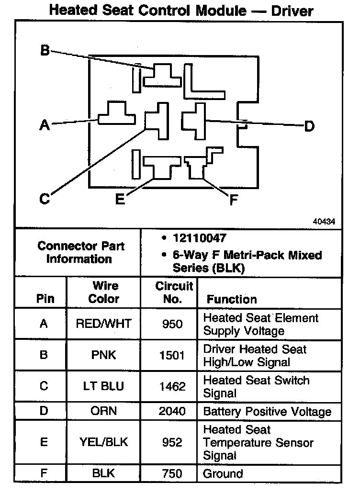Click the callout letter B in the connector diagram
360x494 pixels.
[45, 50]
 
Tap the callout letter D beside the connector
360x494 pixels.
[310, 126]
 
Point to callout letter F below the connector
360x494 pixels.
[234, 200]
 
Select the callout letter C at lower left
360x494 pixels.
[44, 199]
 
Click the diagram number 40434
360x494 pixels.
[324, 222]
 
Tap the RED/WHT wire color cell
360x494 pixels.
[103, 324]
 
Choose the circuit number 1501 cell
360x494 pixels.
[172, 356]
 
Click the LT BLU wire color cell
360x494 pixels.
[103, 386]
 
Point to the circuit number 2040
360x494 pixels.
[172, 412]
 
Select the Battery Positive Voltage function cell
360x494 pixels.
[267, 412]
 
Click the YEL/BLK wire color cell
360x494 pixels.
[103, 442]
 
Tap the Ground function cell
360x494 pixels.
[223, 474]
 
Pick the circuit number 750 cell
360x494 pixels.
[172, 474]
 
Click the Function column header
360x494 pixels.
[232, 299]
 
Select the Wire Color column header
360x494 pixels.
[105, 292]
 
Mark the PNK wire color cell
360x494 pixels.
[103, 356]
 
